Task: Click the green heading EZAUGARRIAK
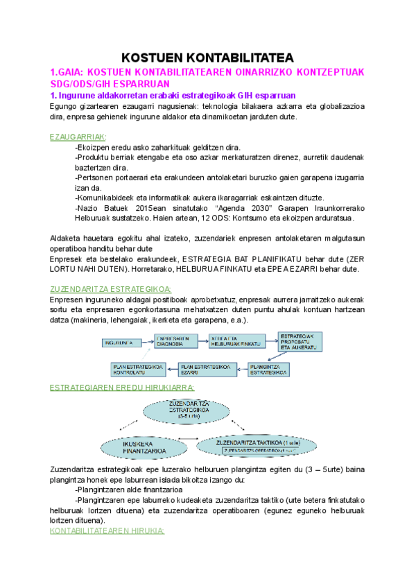click(78, 137)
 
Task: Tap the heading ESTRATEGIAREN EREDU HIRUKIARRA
click(122, 386)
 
